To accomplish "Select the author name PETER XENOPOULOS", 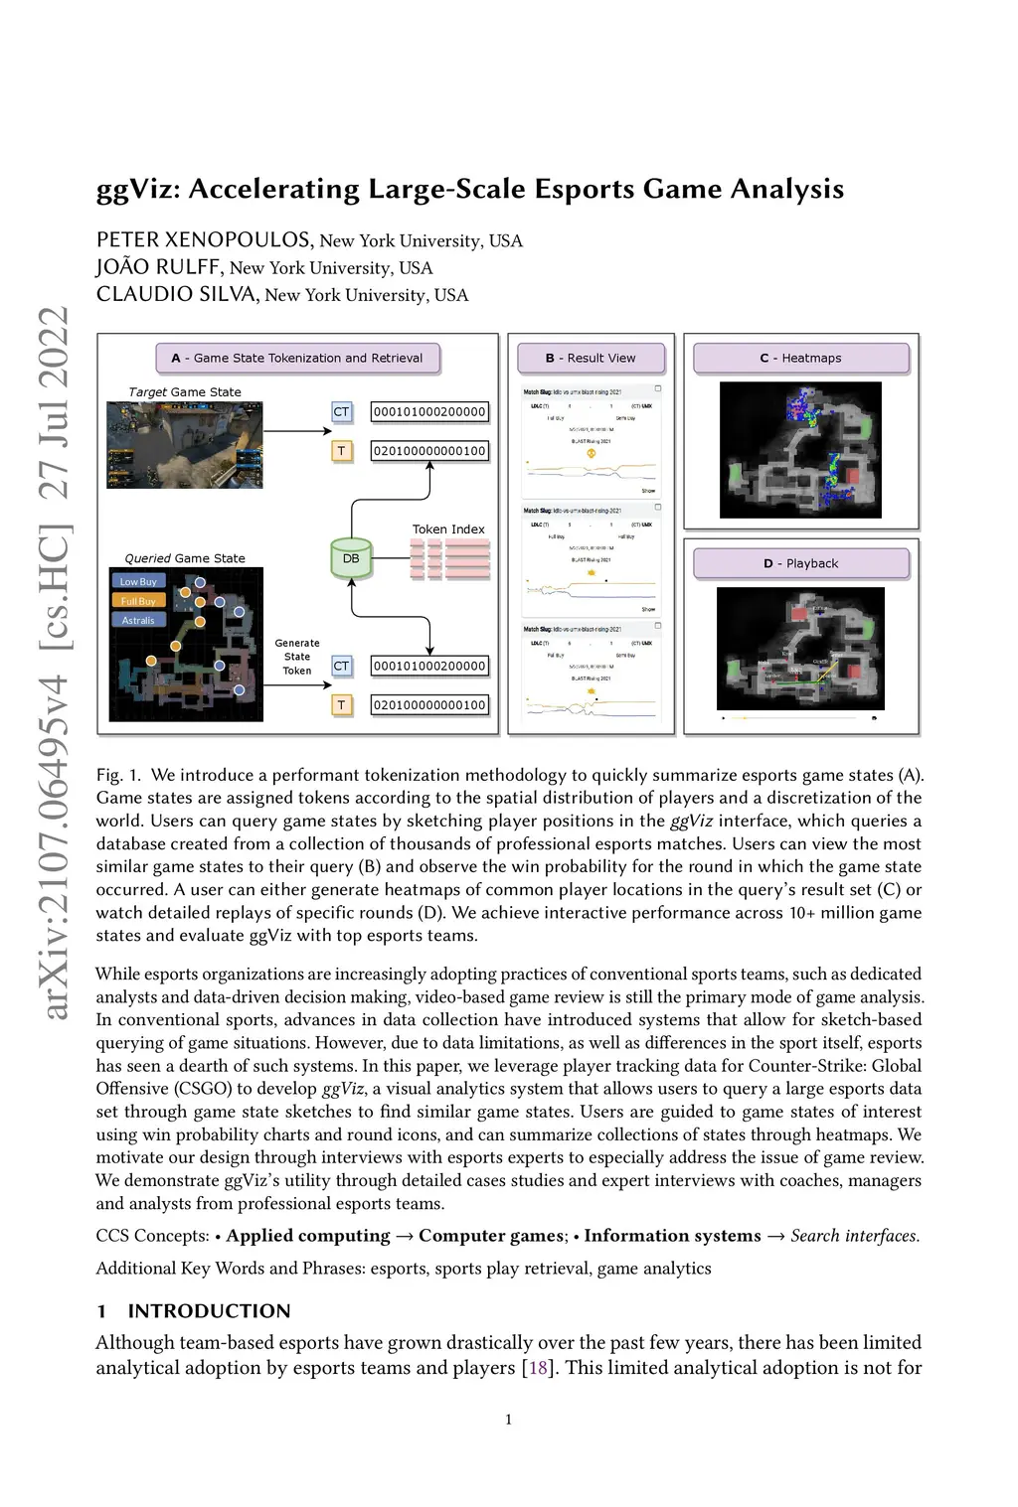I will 204,239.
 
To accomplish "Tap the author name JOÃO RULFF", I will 158,267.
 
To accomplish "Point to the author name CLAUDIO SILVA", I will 177,294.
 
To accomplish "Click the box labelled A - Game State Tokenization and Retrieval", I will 297,358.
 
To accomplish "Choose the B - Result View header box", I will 591,358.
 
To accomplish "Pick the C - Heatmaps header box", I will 800,358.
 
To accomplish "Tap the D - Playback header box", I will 800,563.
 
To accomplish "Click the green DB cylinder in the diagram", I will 351,557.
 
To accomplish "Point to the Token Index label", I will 448,529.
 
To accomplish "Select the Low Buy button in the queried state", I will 138,581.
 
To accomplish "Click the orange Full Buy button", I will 138,601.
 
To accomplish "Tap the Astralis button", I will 138,620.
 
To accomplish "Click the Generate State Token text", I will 297,657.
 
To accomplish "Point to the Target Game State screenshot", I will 185,444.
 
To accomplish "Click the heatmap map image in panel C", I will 800,450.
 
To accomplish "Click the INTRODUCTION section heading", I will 209,1310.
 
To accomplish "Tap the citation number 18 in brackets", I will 538,1368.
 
